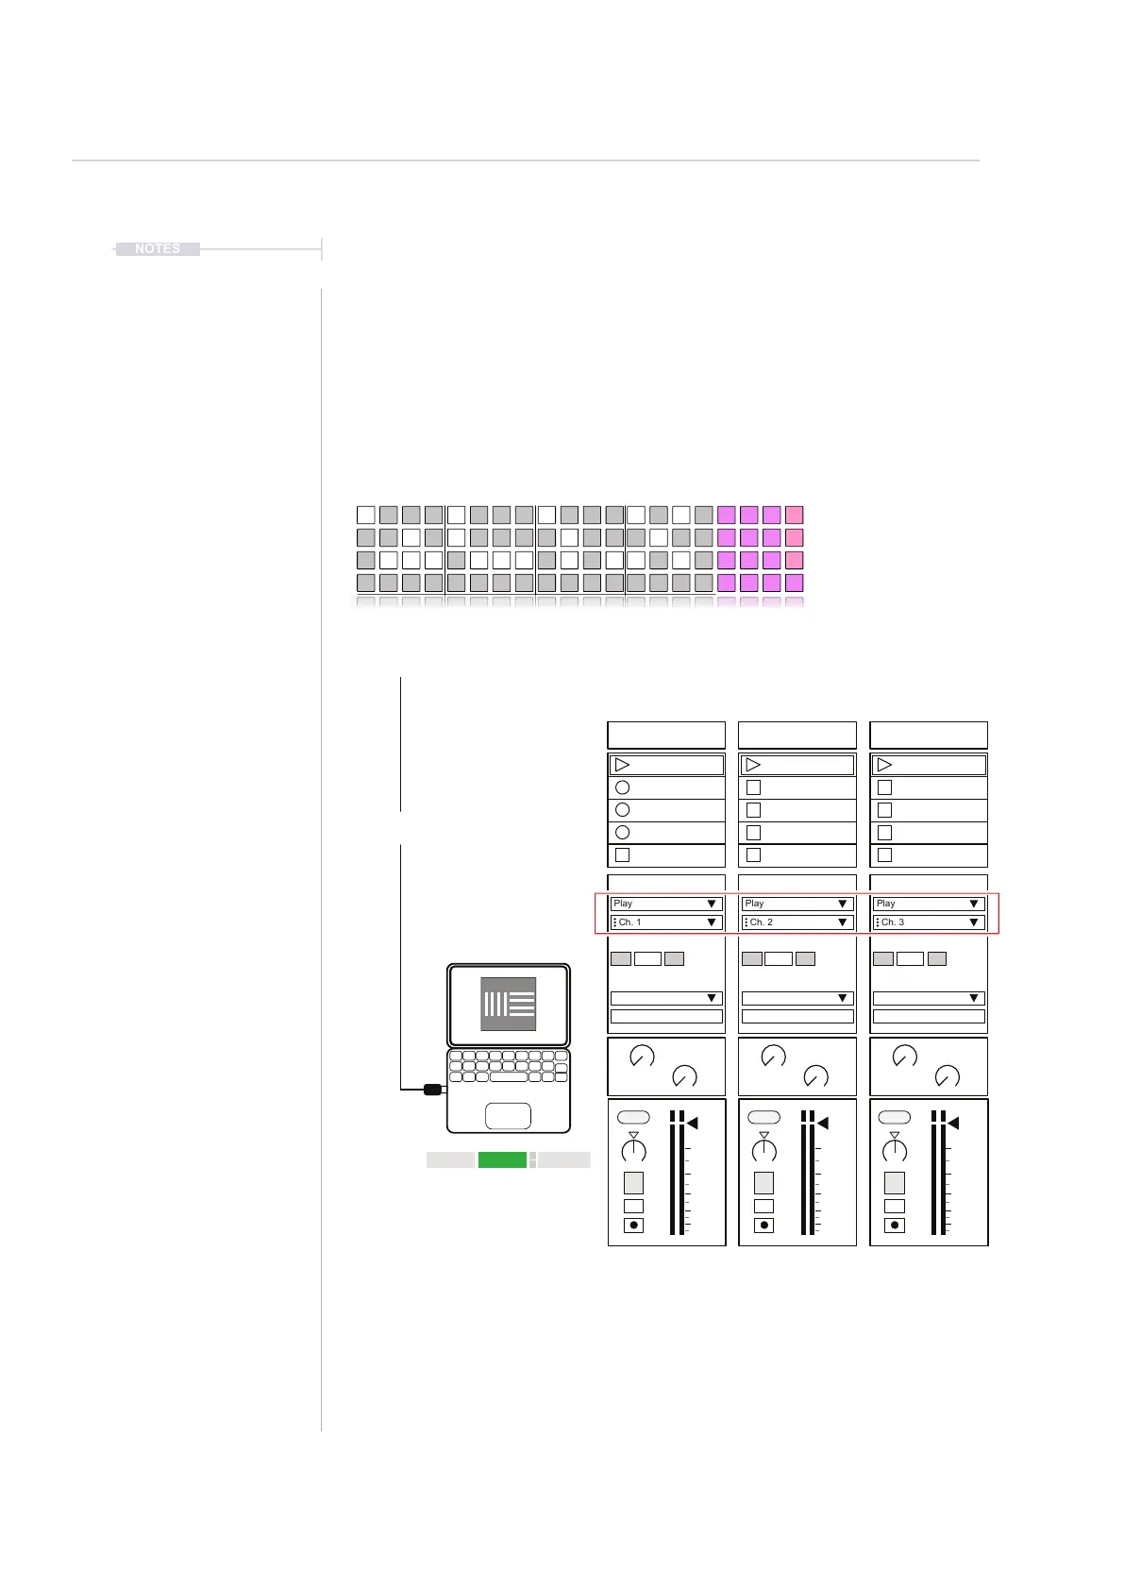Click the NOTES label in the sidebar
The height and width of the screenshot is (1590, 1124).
pyautogui.click(x=157, y=249)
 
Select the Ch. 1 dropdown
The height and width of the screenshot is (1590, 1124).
pyautogui.click(x=666, y=922)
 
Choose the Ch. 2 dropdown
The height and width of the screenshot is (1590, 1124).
pyautogui.click(x=797, y=922)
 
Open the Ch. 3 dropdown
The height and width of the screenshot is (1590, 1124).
pyautogui.click(x=929, y=922)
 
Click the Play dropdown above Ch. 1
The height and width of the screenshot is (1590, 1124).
pyautogui.click(x=666, y=904)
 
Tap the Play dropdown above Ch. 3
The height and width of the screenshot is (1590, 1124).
pyautogui.click(x=929, y=904)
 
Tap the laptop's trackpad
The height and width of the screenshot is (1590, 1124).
pyautogui.click(x=508, y=1116)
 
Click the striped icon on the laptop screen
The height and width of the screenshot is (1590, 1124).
pyautogui.click(x=509, y=1004)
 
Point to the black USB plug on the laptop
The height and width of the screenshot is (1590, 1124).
pyautogui.click(x=432, y=1090)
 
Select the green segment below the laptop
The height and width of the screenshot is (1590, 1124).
pyautogui.click(x=502, y=1160)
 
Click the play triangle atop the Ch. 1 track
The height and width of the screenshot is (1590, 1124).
pyautogui.click(x=622, y=765)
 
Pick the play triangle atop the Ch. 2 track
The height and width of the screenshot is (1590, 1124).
pyautogui.click(x=753, y=765)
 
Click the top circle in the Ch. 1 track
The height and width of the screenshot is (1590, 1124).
pyautogui.click(x=622, y=787)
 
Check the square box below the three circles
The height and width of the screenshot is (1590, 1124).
pyautogui.click(x=622, y=855)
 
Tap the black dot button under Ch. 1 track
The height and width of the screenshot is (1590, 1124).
pyautogui.click(x=633, y=1226)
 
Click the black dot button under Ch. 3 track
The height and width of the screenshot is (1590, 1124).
pyautogui.click(x=895, y=1226)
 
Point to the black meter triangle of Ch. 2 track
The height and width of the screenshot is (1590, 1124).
pyautogui.click(x=822, y=1124)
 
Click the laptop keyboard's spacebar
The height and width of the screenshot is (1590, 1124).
pyautogui.click(x=509, y=1077)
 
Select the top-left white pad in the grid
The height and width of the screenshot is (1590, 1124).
pyautogui.click(x=366, y=515)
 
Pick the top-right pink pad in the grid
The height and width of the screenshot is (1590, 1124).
pyautogui.click(x=795, y=515)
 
